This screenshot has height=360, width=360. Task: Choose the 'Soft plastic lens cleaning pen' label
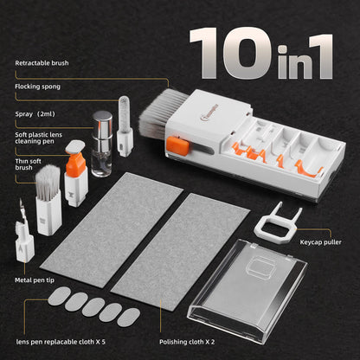point(39,137)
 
